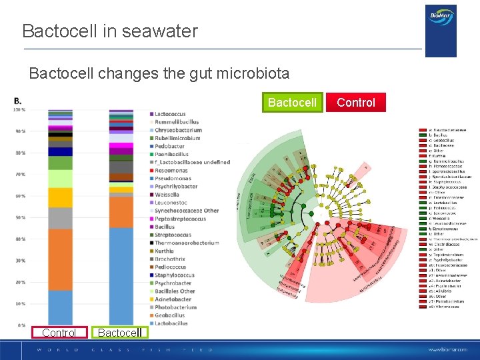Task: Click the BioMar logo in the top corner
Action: point(441,30)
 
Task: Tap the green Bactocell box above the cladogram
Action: point(292,102)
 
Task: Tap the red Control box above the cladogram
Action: point(355,102)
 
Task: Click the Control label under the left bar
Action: point(59,333)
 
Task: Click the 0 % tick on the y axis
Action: point(21,325)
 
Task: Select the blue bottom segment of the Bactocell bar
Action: point(121,276)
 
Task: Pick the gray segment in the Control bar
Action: point(60,218)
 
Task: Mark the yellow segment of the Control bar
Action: point(60,197)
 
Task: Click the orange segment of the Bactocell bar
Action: point(121,211)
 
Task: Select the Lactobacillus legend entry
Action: point(171,323)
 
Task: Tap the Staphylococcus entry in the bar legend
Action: point(174,275)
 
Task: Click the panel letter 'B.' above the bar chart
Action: point(18,101)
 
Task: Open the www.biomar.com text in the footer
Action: point(449,349)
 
